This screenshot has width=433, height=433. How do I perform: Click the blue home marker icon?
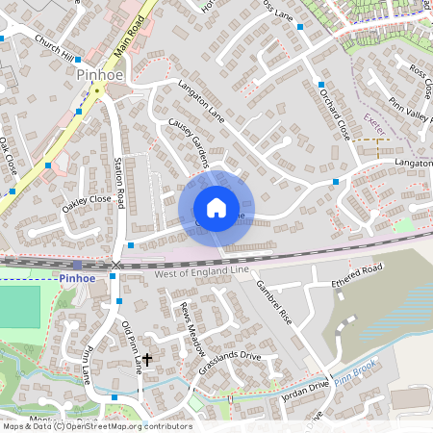point(216,208)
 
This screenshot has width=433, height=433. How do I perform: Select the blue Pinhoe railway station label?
point(80,278)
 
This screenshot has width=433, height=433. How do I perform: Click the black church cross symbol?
point(146,362)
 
